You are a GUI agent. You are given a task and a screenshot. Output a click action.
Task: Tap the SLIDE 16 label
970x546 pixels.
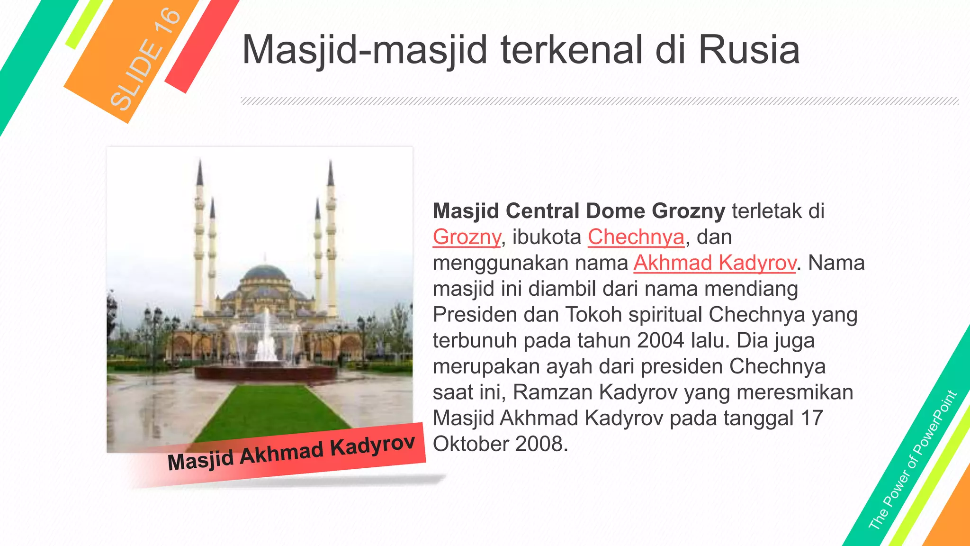pos(145,59)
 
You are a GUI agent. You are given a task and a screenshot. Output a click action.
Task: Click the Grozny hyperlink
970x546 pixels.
pos(467,237)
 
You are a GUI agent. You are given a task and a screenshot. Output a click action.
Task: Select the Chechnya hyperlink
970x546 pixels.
pos(636,237)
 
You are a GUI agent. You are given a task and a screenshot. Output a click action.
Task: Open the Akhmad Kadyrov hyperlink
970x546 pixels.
pos(714,263)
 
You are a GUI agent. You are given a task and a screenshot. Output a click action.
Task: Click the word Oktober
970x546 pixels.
pos(470,444)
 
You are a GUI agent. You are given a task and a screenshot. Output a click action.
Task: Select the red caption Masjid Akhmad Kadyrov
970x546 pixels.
pos(291,454)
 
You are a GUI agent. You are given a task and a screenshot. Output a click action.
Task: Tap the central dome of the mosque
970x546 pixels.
pos(265,274)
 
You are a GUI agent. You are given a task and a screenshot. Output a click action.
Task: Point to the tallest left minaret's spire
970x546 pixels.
pos(200,173)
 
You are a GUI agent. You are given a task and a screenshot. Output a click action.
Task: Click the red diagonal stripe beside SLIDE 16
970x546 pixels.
pos(201,45)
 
